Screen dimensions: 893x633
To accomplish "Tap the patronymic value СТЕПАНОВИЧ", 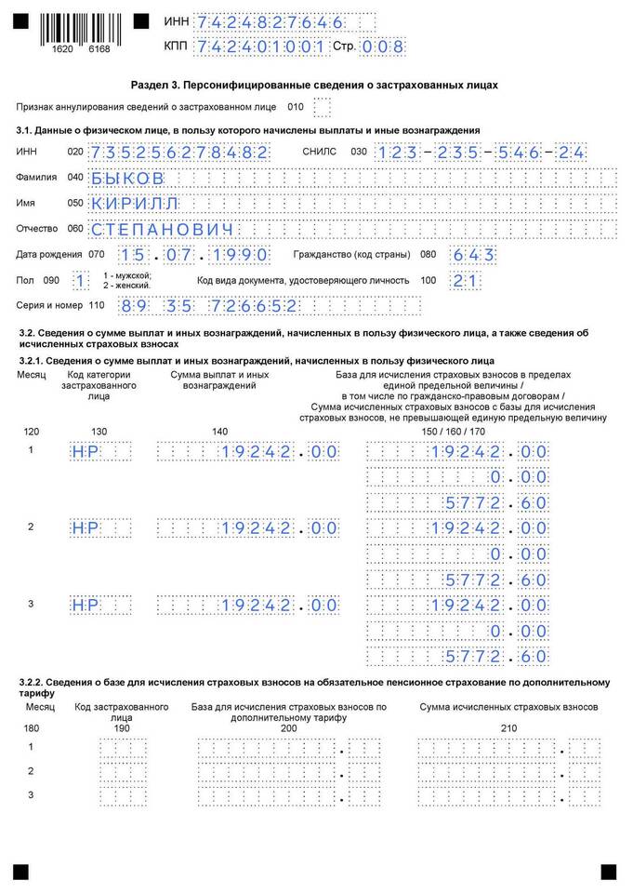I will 162,229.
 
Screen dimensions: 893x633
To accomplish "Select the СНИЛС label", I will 318,152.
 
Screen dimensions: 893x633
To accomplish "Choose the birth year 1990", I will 239,255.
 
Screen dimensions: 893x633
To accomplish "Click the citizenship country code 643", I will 473,255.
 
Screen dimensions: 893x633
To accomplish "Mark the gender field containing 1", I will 82,280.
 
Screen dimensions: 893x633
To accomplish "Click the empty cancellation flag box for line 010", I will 322,108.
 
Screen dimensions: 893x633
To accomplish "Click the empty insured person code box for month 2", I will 122,772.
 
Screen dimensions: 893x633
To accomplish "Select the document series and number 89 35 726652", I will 219,305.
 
